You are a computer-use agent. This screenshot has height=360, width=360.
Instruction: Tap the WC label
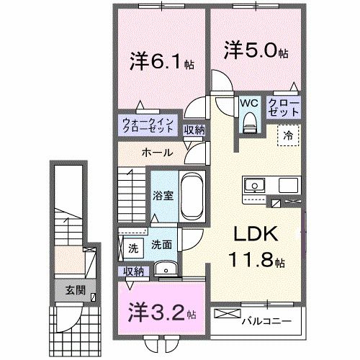click(250, 102)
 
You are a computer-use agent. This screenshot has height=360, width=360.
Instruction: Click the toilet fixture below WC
click(250, 124)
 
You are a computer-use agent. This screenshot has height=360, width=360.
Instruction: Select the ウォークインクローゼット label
click(147, 126)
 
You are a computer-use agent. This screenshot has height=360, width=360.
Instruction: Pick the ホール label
click(156, 153)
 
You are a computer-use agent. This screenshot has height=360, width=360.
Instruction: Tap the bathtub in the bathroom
click(192, 196)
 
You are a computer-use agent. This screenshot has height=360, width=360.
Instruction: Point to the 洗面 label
click(161, 246)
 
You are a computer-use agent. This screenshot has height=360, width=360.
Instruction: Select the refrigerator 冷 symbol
click(288, 133)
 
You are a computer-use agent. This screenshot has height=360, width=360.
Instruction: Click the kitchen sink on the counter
click(254, 186)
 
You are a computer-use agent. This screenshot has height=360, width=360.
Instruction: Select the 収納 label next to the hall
click(193, 130)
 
